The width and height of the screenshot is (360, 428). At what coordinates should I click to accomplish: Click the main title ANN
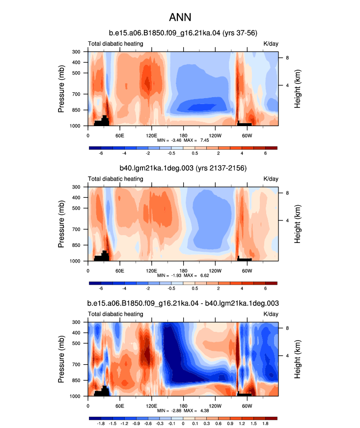pyautogui.click(x=180, y=17)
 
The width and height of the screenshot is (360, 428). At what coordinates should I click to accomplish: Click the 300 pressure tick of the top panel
pyautogui.click(x=76, y=52)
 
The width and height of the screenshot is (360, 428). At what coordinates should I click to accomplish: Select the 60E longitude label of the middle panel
pyautogui.click(x=120, y=271)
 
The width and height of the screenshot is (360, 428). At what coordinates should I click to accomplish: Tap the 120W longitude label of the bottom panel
pyautogui.click(x=215, y=406)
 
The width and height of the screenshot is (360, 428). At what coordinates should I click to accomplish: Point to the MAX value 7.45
pyautogui.click(x=205, y=140)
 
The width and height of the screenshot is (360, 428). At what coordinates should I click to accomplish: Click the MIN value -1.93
pyautogui.click(x=176, y=275)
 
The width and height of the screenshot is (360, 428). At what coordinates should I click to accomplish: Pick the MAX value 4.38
pyautogui.click(x=205, y=410)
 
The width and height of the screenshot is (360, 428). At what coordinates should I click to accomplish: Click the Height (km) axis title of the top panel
pyautogui.click(x=297, y=89)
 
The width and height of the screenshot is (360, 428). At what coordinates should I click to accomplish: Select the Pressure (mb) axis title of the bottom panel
pyautogui.click(x=61, y=359)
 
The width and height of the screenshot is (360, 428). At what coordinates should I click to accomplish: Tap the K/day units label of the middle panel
pyautogui.click(x=271, y=179)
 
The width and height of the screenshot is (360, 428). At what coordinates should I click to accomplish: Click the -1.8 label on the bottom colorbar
pyautogui.click(x=101, y=424)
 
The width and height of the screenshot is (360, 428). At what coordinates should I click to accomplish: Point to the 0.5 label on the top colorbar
pyautogui.click(x=195, y=153)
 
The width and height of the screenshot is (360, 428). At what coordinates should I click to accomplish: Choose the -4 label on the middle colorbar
pyautogui.click(x=124, y=289)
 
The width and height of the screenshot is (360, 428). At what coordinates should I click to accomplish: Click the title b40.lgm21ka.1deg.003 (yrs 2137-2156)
pyautogui.click(x=183, y=168)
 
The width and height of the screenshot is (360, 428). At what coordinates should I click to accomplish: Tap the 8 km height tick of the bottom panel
pyautogui.click(x=287, y=328)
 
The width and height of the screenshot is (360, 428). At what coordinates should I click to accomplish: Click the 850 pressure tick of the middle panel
pyautogui.click(x=76, y=245)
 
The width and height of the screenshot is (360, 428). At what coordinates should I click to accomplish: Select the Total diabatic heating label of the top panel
pyautogui.click(x=115, y=44)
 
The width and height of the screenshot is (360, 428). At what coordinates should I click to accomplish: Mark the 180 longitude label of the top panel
pyautogui.click(x=183, y=135)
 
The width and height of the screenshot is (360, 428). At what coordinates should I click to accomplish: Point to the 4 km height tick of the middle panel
pyautogui.click(x=287, y=220)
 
